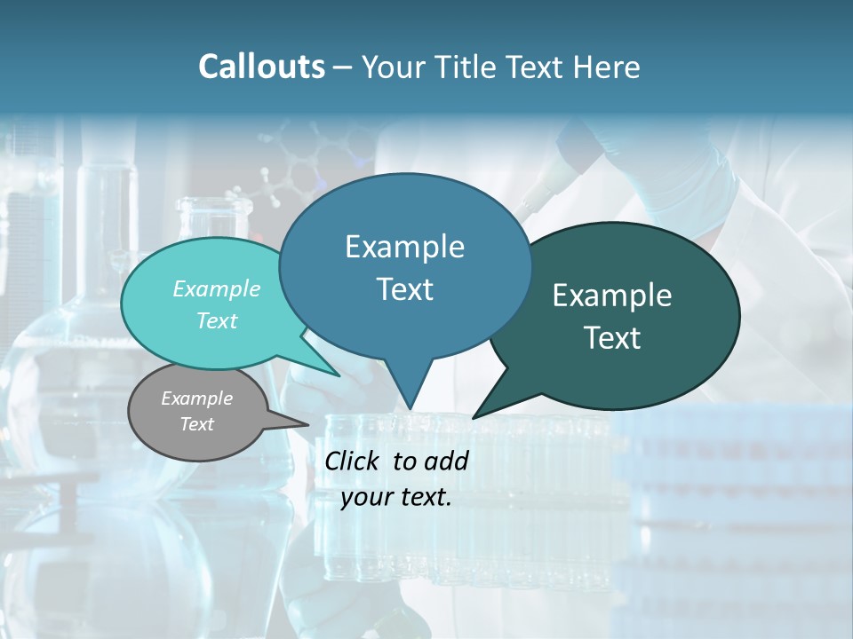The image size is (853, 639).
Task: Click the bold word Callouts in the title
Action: point(261,67)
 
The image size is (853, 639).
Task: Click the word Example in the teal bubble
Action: point(217,288)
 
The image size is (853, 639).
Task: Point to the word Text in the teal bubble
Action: point(217,320)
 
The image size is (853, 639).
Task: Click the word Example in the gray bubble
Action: point(196,398)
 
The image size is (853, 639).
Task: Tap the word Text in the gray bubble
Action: point(196,424)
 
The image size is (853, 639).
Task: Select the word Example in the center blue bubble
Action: point(404,247)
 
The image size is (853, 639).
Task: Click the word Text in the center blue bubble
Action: point(404,289)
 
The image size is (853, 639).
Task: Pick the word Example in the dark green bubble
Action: point(612,296)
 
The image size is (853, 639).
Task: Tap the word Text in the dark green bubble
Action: point(612,338)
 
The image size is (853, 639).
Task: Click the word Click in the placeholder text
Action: point(354,461)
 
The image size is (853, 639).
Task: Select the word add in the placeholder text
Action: point(446,461)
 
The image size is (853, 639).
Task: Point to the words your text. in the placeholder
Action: point(396,497)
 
